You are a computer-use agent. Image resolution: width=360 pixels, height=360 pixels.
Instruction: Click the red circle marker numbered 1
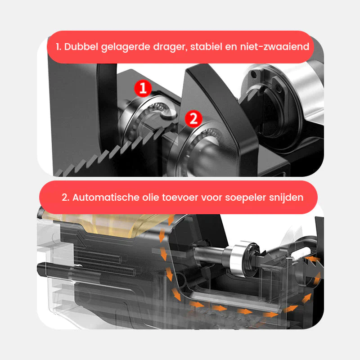point(143,88)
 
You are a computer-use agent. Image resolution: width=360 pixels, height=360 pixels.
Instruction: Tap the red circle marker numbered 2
point(193,119)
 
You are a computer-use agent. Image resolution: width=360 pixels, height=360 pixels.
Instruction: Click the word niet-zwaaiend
point(274,47)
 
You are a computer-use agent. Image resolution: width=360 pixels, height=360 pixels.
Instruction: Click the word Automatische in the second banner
point(106,198)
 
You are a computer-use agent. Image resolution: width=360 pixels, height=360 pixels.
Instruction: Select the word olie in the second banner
point(151,198)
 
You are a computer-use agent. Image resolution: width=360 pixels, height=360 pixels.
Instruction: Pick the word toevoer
point(180,198)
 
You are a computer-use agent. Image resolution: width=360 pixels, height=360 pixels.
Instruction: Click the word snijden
point(286,198)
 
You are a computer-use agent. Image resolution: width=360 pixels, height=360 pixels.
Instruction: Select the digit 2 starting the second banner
point(65,198)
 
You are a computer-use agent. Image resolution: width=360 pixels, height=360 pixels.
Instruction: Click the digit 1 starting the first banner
point(58,47)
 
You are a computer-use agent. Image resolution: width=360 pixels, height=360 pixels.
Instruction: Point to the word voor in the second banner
point(211,198)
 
